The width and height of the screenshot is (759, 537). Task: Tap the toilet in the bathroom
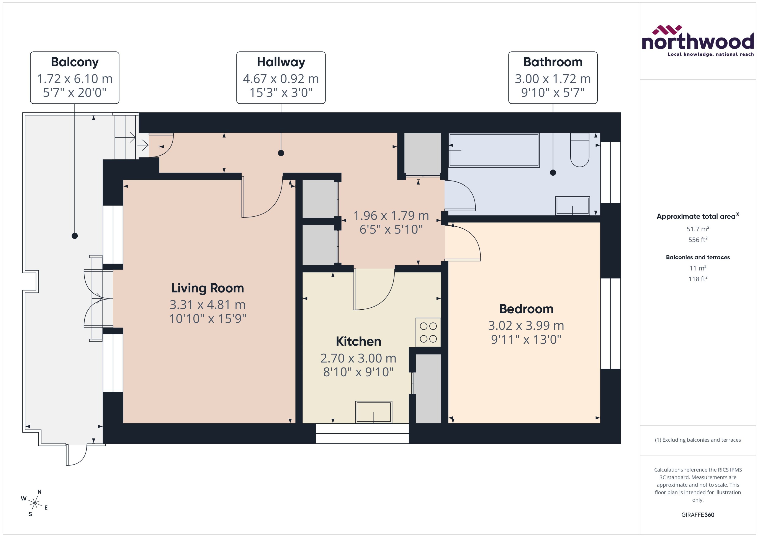click(x=579, y=150)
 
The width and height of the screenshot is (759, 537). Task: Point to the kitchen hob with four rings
click(x=428, y=332)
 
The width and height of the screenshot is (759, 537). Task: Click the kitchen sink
click(x=373, y=412)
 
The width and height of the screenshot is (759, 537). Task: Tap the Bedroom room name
click(x=526, y=309)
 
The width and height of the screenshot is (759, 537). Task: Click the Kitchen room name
click(x=358, y=341)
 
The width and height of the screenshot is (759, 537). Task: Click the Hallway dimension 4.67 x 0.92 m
click(x=281, y=79)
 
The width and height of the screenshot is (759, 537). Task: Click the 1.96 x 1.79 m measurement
click(x=391, y=215)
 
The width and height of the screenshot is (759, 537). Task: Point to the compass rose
click(x=34, y=503)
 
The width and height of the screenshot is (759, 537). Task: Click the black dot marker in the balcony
click(x=75, y=236)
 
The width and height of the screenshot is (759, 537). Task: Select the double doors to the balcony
click(x=96, y=299)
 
